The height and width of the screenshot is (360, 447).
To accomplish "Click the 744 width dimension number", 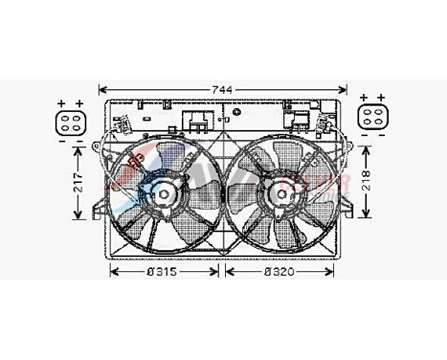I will pos(222,88).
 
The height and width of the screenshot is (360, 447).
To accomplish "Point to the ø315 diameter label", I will pos(164,272).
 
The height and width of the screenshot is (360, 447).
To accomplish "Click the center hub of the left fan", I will pos(162,195).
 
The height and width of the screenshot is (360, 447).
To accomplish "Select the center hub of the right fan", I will pos(281,195).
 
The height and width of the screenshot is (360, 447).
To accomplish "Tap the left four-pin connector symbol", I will pos(71,120).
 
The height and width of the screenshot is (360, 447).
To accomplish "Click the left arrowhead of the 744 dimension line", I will pos(102,88).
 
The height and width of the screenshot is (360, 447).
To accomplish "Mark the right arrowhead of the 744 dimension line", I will pos(343,88).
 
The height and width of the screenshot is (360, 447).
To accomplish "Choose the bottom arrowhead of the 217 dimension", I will pos(77,219).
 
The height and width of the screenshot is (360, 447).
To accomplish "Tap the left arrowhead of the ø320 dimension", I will pos(227,272).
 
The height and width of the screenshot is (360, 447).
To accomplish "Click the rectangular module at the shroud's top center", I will pos(200,122).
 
